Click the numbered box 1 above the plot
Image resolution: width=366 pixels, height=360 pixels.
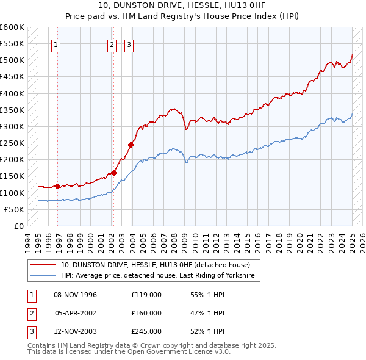click(x=56, y=44)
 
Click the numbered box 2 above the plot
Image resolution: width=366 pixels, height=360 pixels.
click(x=112, y=44)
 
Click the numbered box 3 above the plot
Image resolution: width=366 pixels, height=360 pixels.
click(x=129, y=44)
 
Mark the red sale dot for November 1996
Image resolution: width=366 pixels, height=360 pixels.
click(x=57, y=186)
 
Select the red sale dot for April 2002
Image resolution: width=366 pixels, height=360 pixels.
click(x=113, y=173)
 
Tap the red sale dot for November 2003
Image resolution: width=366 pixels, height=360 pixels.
click(x=131, y=145)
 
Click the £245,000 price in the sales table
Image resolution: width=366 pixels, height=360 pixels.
click(x=146, y=332)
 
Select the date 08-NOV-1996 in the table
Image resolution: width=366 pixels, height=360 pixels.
click(x=76, y=295)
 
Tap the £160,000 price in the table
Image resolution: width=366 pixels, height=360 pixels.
click(x=146, y=313)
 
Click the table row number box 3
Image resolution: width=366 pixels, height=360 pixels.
click(x=30, y=332)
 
